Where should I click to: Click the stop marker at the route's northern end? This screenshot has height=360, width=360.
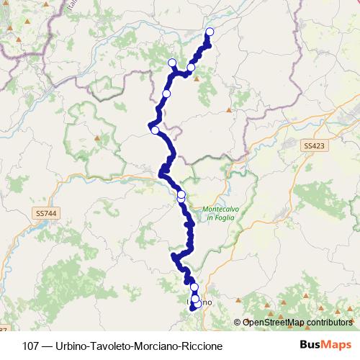[x=210, y=32]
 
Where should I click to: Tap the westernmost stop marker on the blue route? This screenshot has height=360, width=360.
[x=155, y=130]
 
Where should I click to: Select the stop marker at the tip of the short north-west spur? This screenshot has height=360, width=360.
[x=172, y=63]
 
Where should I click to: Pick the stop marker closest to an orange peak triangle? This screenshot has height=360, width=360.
[x=191, y=68]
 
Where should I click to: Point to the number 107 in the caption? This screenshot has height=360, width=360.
[x=32, y=346]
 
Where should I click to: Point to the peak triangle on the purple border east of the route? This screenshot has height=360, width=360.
[x=228, y=111]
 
